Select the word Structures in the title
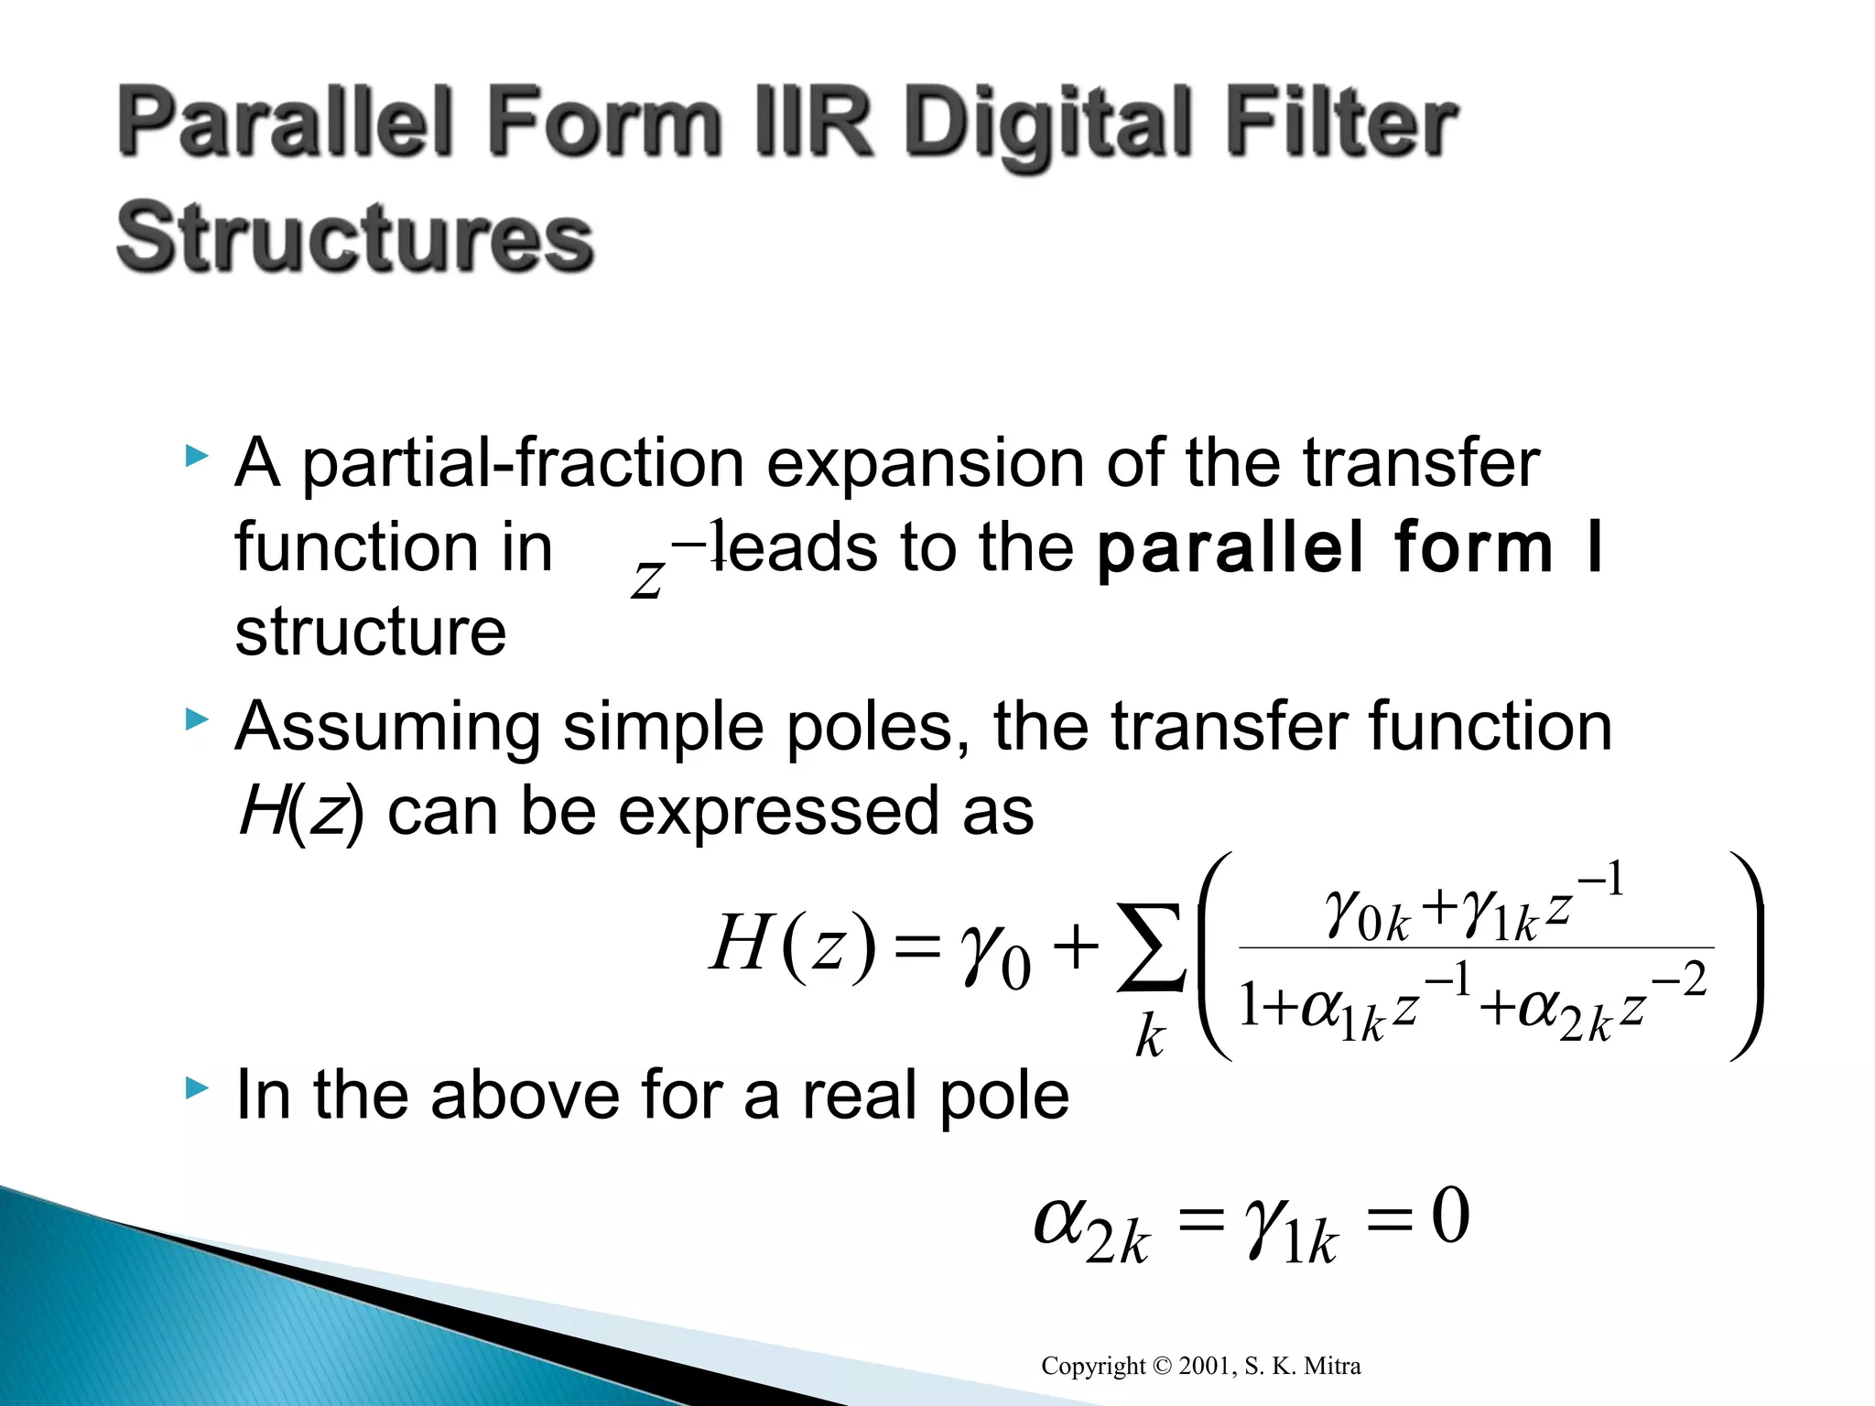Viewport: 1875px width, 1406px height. click(x=355, y=237)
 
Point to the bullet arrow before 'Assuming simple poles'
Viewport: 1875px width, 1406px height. click(x=197, y=719)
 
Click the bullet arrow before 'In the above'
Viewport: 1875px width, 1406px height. click(x=197, y=1088)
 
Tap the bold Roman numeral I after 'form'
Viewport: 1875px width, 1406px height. click(x=1594, y=546)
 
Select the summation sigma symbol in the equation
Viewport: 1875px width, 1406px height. click(x=1150, y=947)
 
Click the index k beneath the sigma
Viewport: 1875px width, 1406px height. click(x=1150, y=1038)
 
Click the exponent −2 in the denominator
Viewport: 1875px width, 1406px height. click(x=1681, y=979)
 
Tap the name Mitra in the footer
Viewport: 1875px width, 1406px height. click(x=1332, y=1367)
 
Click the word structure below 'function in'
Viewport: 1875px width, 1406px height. click(x=370, y=632)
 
